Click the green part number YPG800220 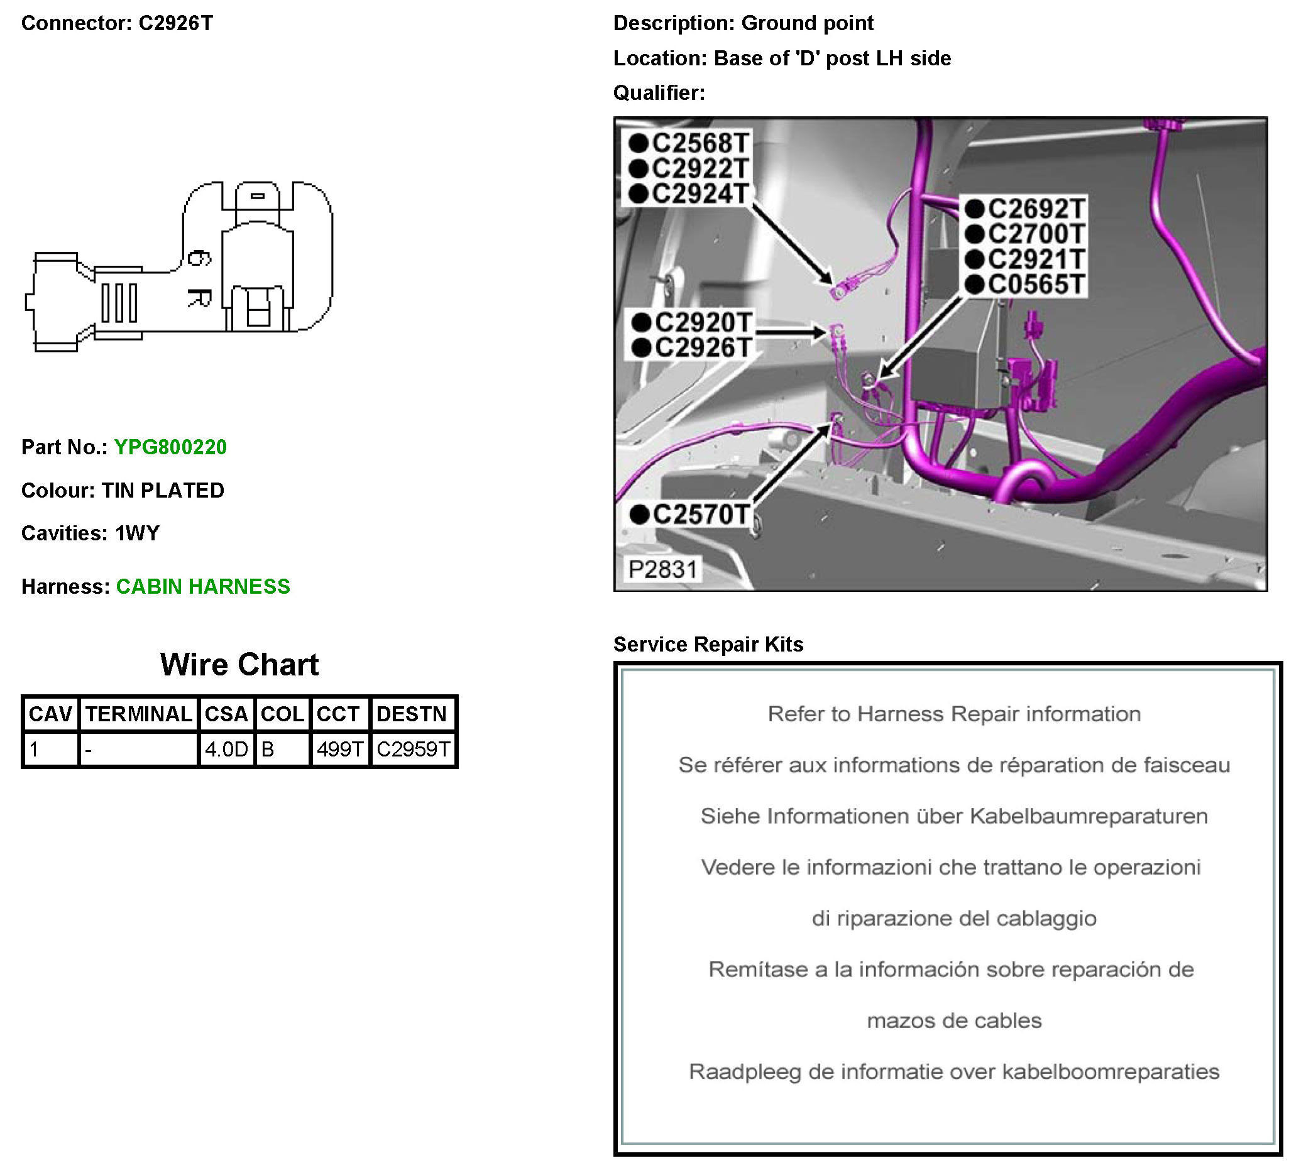point(170,447)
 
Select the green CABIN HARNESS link point(203,586)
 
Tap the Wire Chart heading point(239,664)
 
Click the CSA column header point(226,714)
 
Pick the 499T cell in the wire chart point(339,749)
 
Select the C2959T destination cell point(414,749)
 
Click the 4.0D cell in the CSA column point(226,749)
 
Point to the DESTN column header point(412,714)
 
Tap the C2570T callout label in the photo point(700,514)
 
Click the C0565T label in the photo point(1035,284)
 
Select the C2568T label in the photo point(700,143)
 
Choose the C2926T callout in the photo point(703,348)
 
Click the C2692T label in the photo point(1035,209)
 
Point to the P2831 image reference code point(662,569)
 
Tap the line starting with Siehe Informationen point(953,816)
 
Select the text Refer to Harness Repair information point(953,714)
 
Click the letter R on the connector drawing point(199,298)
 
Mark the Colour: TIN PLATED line point(123,490)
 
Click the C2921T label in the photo point(1035,259)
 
